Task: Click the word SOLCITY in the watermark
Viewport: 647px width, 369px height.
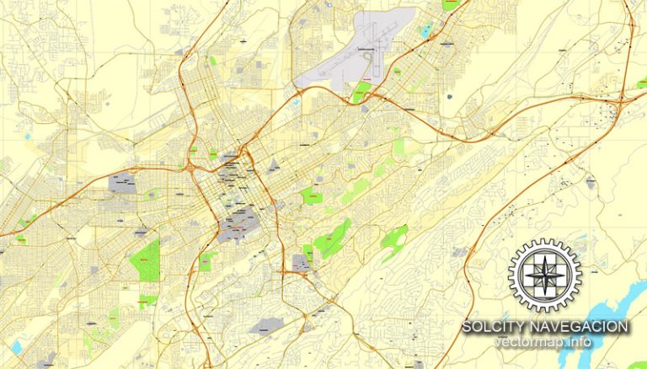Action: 495,326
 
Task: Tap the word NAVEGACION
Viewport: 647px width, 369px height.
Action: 579,326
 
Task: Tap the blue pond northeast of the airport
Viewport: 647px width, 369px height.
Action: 425,30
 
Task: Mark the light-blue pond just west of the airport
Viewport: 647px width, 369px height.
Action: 297,102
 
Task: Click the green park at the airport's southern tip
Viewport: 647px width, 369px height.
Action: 363,91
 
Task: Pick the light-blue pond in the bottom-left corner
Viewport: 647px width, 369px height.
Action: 18,346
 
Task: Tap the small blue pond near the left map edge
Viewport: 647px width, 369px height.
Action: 28,135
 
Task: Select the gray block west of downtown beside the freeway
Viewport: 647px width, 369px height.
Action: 123,183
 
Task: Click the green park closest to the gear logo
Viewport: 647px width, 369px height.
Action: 393,238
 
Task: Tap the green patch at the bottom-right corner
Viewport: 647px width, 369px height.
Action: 637,365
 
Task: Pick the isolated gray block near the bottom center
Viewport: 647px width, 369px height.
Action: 264,325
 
